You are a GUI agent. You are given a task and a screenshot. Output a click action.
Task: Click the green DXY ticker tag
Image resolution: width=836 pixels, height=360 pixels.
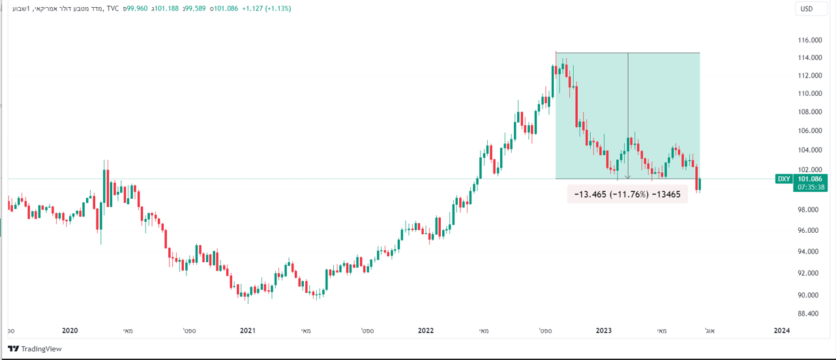[783, 179]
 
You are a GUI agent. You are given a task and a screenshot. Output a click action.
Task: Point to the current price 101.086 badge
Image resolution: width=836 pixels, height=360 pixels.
[811, 178]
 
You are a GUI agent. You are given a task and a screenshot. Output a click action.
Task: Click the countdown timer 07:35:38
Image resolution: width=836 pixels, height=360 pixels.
[811, 187]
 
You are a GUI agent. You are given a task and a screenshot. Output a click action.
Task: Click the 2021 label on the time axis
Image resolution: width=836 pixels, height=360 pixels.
[247, 331]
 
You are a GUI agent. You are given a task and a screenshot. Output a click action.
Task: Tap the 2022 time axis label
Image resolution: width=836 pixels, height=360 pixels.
[425, 331]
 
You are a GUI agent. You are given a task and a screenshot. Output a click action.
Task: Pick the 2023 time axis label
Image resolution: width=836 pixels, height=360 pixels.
[603, 331]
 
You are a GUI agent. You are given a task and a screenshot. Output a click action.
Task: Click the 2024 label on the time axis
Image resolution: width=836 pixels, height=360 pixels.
[781, 331]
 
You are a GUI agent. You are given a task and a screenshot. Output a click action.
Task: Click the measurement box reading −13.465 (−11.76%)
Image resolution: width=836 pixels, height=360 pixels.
[627, 194]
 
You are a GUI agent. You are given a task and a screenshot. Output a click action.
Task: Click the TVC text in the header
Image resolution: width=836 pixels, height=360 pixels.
[112, 8]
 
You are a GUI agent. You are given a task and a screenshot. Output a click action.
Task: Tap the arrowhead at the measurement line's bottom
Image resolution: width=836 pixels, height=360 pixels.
[627, 177]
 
